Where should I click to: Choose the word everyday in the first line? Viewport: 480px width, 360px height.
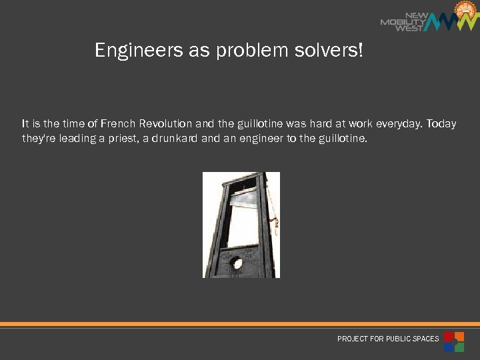click(x=399, y=124)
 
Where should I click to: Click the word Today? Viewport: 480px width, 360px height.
click(x=441, y=124)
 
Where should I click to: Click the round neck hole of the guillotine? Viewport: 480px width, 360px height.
click(x=237, y=263)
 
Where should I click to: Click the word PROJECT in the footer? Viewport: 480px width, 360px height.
click(x=352, y=339)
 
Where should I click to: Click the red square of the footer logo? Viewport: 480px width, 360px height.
click(x=449, y=336)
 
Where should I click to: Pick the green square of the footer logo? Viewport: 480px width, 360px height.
click(x=459, y=347)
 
